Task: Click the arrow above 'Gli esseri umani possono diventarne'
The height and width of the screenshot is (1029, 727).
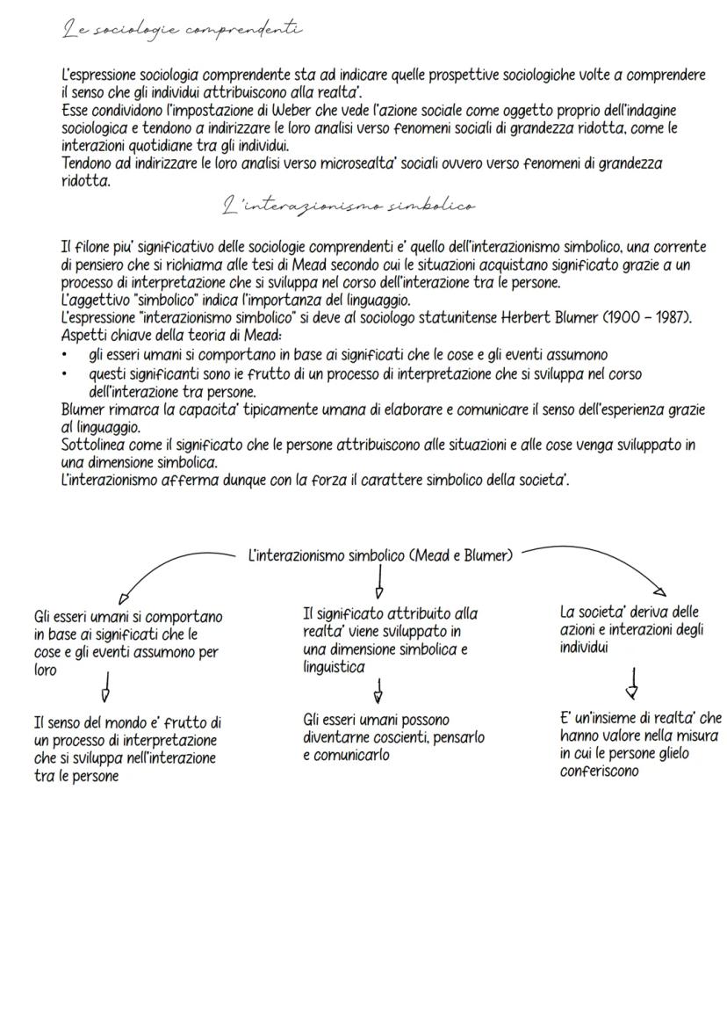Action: (378, 693)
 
